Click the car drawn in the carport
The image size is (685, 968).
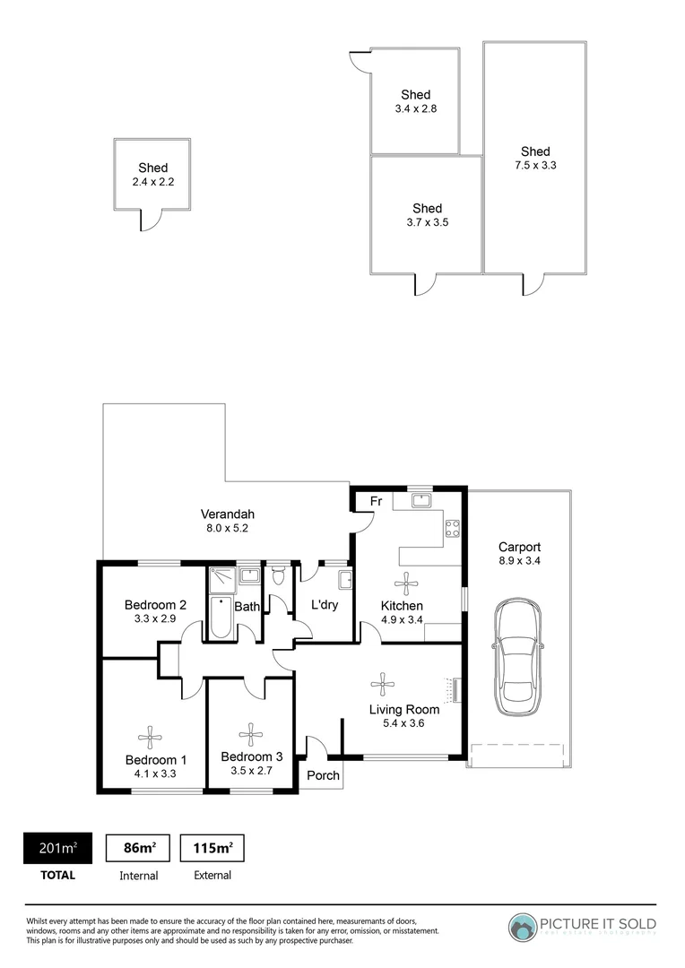[x=517, y=656]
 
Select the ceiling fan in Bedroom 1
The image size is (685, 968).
[x=150, y=739]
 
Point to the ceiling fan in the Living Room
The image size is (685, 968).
[x=383, y=685]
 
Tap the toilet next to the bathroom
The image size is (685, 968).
[x=279, y=575]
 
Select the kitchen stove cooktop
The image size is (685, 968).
[x=453, y=529]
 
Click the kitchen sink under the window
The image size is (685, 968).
[x=421, y=501]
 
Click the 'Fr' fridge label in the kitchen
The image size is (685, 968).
[x=376, y=502]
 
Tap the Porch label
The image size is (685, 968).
[x=324, y=775]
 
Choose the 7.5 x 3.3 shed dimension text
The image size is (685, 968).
[x=535, y=165]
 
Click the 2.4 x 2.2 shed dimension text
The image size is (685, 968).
[x=152, y=182]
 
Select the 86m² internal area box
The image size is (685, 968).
[x=139, y=848]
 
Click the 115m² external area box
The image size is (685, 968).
[x=212, y=848]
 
